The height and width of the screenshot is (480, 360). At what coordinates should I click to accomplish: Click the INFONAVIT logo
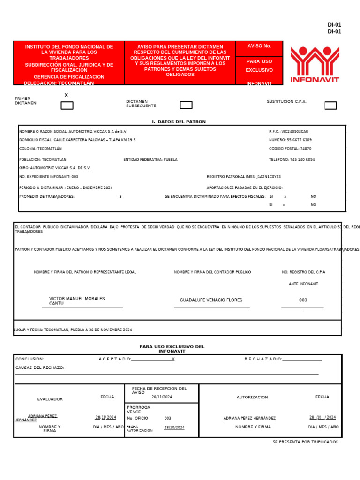click(x=315, y=64)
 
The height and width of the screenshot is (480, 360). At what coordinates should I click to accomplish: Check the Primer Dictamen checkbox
click(x=67, y=105)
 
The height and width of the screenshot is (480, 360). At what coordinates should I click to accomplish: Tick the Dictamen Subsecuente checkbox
click(x=186, y=105)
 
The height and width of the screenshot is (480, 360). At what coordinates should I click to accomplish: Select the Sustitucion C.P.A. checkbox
click(x=330, y=105)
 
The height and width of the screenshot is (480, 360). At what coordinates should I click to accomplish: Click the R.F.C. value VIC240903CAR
click(x=295, y=132)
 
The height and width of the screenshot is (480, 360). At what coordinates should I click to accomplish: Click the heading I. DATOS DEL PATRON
click(x=179, y=122)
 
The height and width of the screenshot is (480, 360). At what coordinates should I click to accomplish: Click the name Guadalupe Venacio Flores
click(x=211, y=300)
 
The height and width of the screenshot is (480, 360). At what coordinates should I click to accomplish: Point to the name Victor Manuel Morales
click(x=77, y=299)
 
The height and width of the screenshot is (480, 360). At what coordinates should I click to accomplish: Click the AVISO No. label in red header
click(x=259, y=46)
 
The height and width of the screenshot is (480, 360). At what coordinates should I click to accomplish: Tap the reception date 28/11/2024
click(x=162, y=397)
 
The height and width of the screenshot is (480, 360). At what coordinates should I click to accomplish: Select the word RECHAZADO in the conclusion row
click(x=263, y=359)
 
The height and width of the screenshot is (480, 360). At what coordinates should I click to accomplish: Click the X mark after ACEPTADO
click(x=173, y=359)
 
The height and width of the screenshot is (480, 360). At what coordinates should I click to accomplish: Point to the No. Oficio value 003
click(x=167, y=418)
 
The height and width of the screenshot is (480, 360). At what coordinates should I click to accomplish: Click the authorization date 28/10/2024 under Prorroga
click(x=174, y=427)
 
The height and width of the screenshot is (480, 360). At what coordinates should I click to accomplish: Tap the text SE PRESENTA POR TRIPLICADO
click(x=305, y=442)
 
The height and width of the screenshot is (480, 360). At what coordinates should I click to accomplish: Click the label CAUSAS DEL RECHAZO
click(x=40, y=368)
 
